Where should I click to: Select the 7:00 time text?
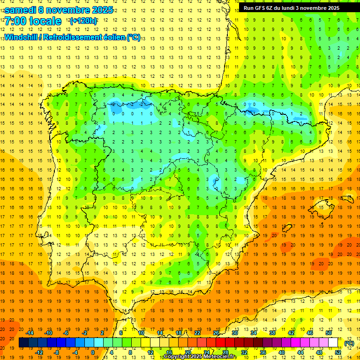(16, 21)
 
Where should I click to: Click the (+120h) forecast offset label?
(83, 21)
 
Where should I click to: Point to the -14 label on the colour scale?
(30, 333)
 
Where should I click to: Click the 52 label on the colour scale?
(338, 352)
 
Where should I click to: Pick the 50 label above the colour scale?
(329, 333)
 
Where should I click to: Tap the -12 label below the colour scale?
(39, 352)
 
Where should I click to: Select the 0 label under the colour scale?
(93, 352)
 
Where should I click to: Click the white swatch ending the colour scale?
(333, 343)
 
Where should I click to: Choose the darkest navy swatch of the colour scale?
(23, 343)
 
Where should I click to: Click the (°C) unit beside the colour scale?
(349, 343)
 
